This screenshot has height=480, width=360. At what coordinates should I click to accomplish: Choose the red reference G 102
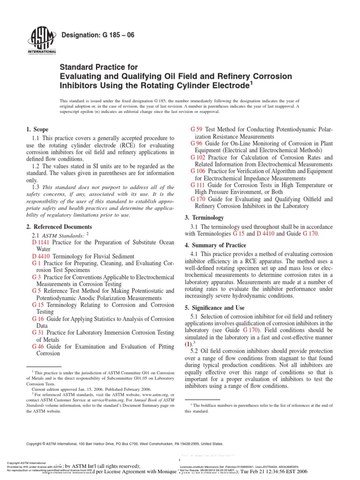coord(199,157)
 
